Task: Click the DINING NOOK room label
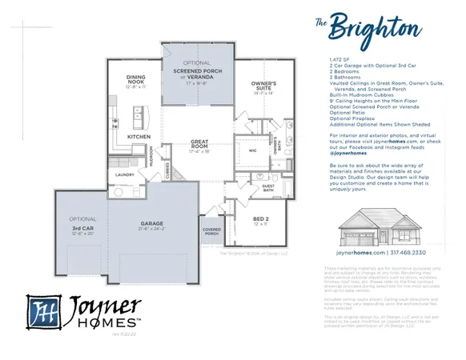coord(136,79)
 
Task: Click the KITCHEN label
coord(139,136)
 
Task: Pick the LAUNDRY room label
coord(124,174)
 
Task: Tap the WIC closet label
coord(251,149)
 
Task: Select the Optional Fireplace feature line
coord(352,118)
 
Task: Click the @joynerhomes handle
coord(346,152)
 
